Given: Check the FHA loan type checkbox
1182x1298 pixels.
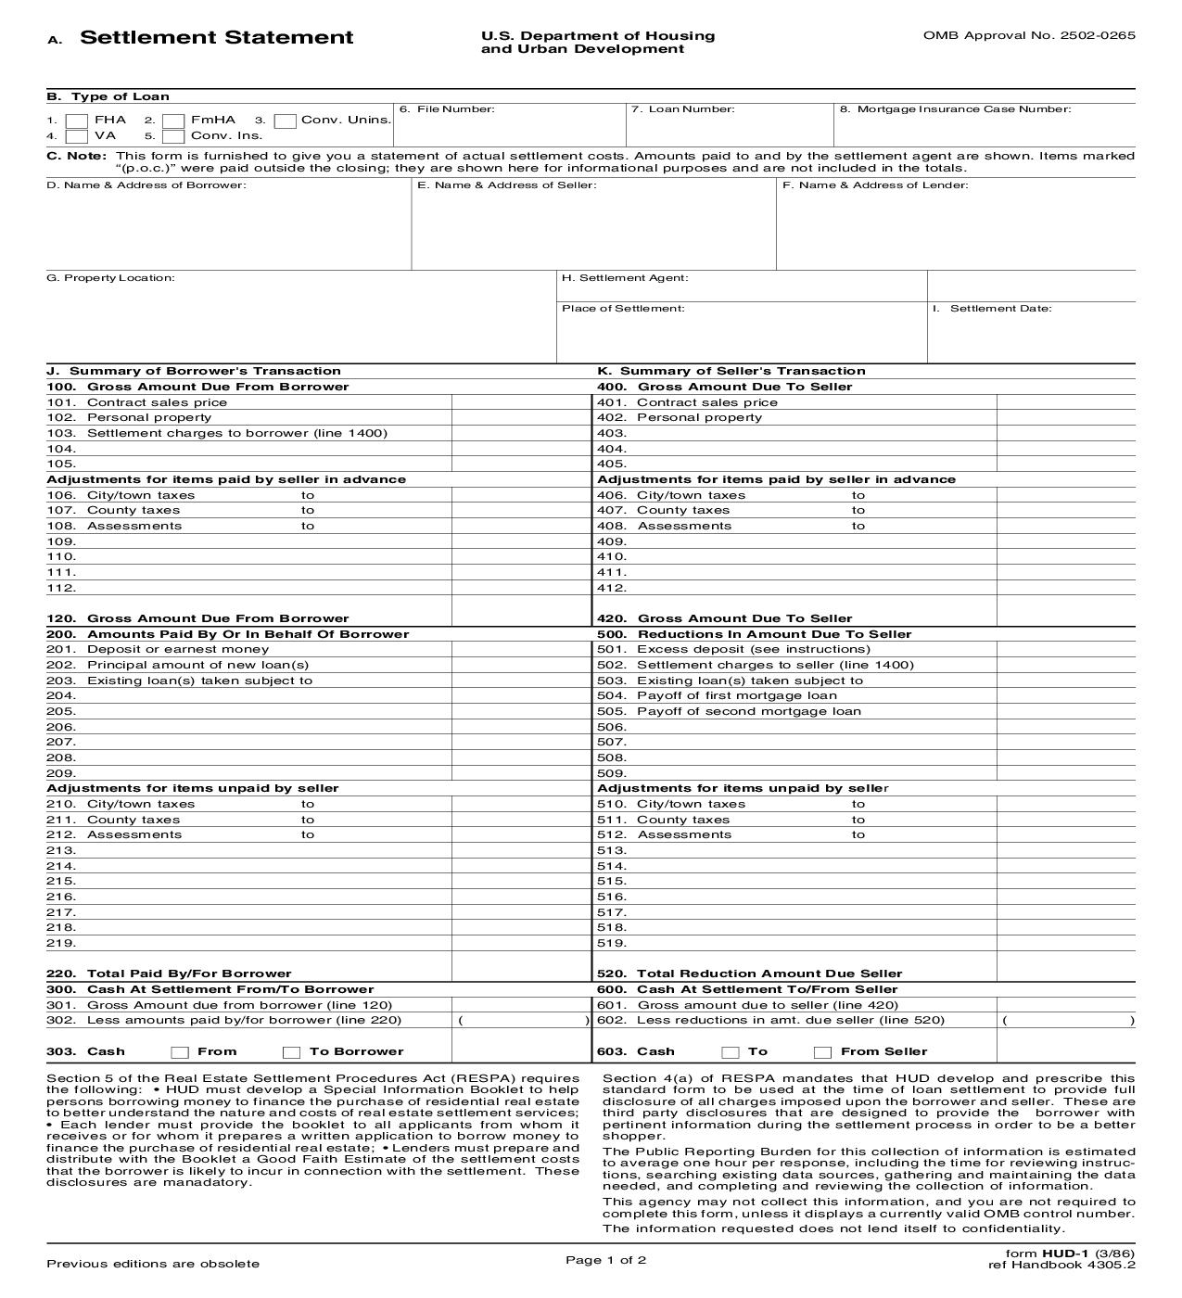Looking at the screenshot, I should coord(78,121).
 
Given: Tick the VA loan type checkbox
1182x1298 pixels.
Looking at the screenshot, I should coord(78,136).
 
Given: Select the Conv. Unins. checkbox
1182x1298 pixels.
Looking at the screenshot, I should coord(286,121).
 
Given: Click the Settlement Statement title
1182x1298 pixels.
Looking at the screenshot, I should coord(216,38).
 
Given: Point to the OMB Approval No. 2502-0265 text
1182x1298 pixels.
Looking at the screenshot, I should coord(1028,35).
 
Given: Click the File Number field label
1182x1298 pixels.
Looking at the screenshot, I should coord(447,109).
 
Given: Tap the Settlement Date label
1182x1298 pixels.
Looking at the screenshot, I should coord(999,309).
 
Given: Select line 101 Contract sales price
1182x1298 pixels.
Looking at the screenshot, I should coord(156,402).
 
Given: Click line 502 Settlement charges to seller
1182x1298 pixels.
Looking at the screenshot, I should coord(774,665).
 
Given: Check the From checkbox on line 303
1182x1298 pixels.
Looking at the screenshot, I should coord(181,1052).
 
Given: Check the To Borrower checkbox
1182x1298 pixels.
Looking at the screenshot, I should coord(292,1052).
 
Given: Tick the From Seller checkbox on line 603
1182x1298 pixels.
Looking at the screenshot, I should coord(822,1052).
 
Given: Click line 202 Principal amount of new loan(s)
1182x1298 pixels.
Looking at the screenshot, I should coord(197,665).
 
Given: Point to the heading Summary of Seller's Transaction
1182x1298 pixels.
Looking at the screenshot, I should coord(742,371).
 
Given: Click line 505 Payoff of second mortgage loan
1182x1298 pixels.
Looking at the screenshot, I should coord(748,711).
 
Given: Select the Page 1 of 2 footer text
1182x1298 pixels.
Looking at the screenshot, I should coord(605,1259).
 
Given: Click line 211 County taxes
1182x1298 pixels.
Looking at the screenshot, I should coord(133,820).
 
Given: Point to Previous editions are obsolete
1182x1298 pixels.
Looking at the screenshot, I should coord(153,1264).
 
